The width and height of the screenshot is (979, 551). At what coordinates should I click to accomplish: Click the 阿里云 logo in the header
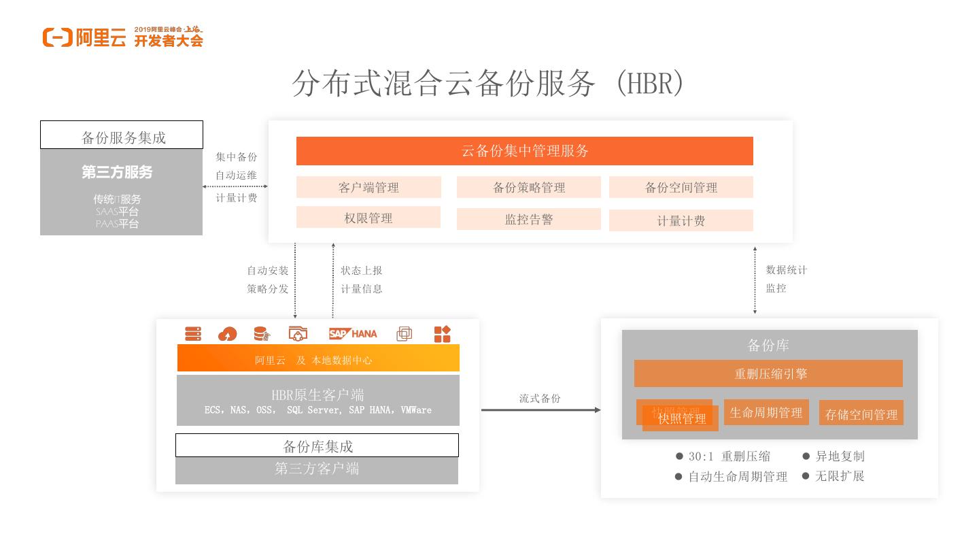(84, 37)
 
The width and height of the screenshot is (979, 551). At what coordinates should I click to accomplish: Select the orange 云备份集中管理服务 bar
(524, 151)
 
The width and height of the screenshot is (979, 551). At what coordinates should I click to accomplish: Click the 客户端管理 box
(368, 187)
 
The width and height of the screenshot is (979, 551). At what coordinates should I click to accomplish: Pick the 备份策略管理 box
(528, 187)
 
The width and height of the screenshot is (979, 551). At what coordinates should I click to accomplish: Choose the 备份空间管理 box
(681, 187)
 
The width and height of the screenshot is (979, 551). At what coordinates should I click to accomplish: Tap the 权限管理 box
(368, 218)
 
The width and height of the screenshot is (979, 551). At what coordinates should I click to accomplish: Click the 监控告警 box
(528, 219)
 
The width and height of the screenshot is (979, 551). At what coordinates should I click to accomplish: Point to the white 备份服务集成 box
(122, 135)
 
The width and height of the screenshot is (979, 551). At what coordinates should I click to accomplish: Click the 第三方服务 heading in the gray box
(117, 173)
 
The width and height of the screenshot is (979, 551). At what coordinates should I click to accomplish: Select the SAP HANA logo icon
(353, 333)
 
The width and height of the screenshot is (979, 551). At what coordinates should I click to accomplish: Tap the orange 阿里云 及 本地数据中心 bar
(317, 358)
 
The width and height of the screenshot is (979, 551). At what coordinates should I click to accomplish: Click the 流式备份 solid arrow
(540, 410)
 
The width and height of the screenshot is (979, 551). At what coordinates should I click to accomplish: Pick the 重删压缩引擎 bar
(768, 373)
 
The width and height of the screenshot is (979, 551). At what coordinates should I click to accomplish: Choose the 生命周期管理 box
(766, 412)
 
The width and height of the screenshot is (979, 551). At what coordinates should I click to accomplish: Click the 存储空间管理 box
(861, 414)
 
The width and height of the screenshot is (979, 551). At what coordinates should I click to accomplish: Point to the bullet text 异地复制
(840, 456)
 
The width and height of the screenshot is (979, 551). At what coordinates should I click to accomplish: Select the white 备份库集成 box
(317, 446)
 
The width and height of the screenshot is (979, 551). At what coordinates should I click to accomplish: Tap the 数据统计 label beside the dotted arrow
(787, 270)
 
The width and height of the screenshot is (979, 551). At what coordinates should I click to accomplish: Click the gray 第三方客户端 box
(317, 469)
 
